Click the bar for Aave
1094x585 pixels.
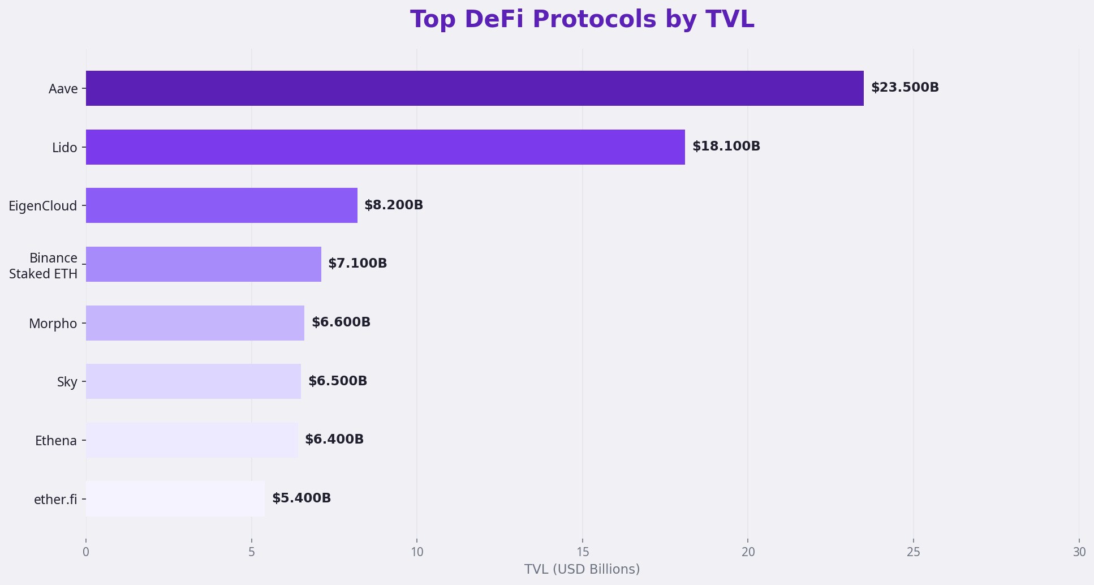click(x=475, y=88)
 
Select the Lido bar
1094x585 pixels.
click(x=385, y=147)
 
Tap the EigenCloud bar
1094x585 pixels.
click(x=222, y=205)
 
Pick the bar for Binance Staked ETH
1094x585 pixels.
click(x=204, y=264)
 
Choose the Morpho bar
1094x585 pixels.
click(x=195, y=323)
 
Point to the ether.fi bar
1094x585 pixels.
click(x=175, y=498)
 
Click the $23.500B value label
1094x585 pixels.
click(x=905, y=88)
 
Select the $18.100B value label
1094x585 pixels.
click(x=726, y=147)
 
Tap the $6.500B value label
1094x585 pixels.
click(x=338, y=381)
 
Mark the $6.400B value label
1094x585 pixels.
click(x=334, y=440)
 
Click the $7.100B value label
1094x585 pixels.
click(x=358, y=264)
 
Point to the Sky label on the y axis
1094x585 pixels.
click(x=67, y=382)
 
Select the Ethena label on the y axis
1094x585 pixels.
click(x=56, y=441)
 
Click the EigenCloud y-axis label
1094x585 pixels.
click(x=43, y=206)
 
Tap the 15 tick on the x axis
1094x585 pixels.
click(x=582, y=552)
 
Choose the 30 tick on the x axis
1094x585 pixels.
click(x=1079, y=552)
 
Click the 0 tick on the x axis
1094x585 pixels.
click(x=86, y=552)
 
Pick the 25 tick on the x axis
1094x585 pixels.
click(x=913, y=552)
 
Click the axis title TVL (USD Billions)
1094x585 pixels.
click(x=582, y=569)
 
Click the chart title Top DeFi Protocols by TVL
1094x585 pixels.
click(x=582, y=19)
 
